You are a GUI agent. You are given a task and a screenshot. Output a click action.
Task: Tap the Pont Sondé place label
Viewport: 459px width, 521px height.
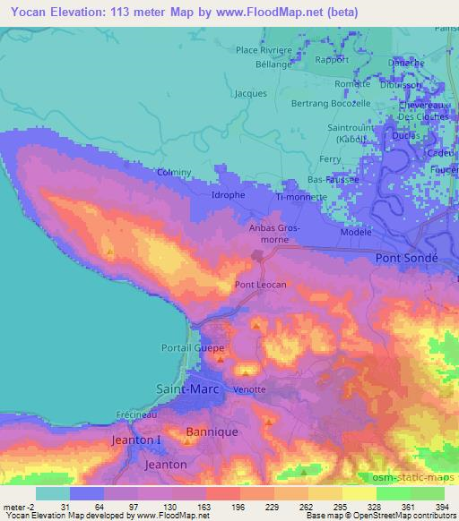point(407,257)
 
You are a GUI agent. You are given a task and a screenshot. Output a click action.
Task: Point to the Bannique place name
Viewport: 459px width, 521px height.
point(211,431)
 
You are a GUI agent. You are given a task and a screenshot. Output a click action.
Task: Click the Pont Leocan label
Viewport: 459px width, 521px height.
point(260,285)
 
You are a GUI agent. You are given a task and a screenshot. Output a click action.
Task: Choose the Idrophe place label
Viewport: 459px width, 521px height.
point(227,194)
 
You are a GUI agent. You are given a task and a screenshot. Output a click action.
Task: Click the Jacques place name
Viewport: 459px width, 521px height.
point(249,93)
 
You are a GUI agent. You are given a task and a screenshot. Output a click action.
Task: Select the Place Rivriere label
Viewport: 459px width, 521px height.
point(264,51)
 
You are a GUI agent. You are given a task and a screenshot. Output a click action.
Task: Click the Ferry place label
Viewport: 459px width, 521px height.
point(331,158)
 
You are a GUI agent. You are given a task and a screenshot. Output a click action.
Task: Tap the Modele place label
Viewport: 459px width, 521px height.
point(356,232)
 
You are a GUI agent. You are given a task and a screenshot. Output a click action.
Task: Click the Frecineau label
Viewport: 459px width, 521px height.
point(136,414)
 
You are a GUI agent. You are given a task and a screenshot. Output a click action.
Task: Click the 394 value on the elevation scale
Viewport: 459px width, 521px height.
point(442,507)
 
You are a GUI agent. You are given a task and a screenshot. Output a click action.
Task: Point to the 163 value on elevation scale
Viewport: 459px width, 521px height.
point(204,507)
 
